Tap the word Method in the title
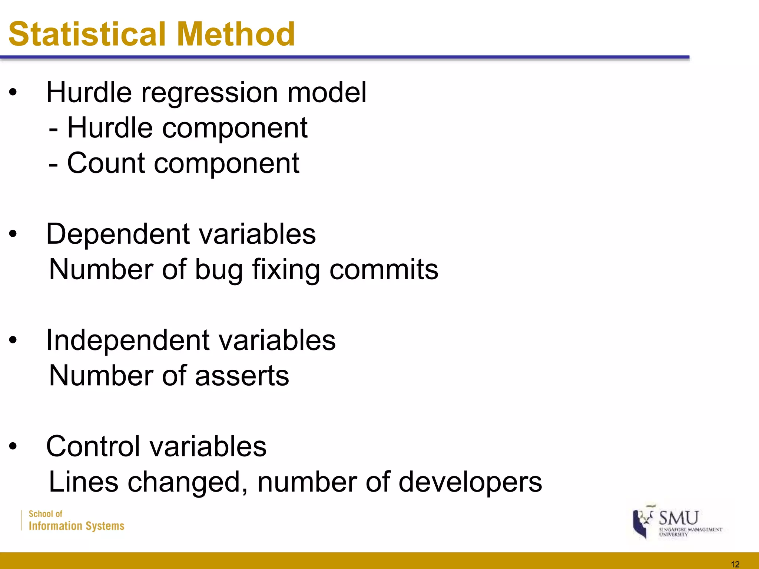point(236,34)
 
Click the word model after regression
point(327,93)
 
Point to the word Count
point(106,163)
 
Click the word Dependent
point(118,234)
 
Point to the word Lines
point(83,482)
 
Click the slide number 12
point(735,564)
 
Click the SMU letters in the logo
point(679,518)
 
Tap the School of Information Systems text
point(76,520)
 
